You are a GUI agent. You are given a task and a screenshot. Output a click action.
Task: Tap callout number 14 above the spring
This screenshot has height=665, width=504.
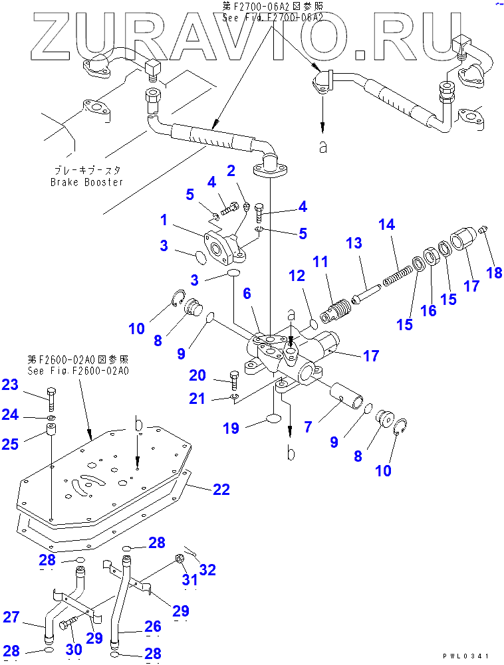point(386,225)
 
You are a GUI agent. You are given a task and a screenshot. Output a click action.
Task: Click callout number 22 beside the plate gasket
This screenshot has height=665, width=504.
point(221,490)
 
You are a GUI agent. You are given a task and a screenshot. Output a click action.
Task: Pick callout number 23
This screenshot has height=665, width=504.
point(11,385)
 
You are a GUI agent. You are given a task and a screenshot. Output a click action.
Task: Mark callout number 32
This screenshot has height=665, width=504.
point(207,569)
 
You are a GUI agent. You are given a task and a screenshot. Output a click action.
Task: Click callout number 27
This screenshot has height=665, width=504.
point(11,617)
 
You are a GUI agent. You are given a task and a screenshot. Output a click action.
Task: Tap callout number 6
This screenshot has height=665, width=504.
point(246,293)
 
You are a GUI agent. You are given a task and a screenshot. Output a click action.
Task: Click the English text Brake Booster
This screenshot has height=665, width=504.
point(86,181)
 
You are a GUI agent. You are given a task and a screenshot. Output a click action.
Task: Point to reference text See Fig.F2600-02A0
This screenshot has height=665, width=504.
point(78,371)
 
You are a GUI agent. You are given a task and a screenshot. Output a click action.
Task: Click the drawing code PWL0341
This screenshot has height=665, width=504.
point(468,656)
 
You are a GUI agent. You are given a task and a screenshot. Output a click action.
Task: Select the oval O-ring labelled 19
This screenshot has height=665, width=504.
point(275,419)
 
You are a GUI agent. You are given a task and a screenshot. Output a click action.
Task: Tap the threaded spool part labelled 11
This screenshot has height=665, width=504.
point(339,309)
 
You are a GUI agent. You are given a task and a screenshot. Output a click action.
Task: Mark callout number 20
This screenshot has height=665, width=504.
point(197,375)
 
